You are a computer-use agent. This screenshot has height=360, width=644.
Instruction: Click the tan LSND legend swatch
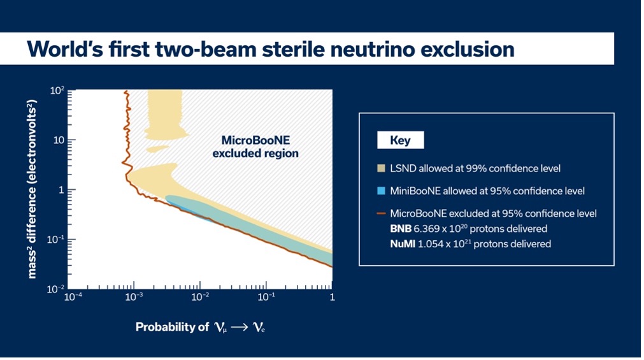(381, 169)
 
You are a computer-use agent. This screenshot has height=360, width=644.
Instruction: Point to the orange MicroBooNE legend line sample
(381, 213)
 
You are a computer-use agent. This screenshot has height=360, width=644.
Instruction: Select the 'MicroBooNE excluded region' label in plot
(255, 147)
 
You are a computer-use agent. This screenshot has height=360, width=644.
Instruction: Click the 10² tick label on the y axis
(57, 91)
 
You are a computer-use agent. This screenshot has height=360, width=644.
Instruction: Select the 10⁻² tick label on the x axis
(200, 298)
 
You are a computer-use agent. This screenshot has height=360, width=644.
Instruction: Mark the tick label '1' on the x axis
(332, 298)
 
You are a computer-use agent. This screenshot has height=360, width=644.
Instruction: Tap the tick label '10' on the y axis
(60, 140)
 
